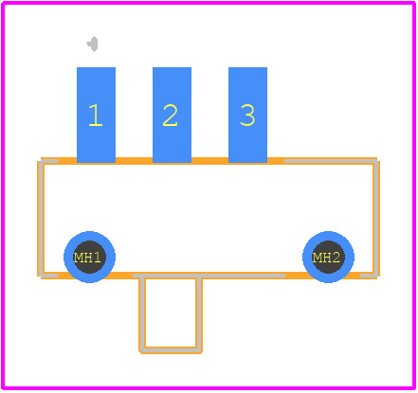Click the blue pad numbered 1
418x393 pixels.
click(x=96, y=115)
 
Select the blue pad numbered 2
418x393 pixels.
click(x=172, y=115)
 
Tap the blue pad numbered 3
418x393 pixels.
click(x=247, y=115)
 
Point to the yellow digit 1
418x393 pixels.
click(x=96, y=116)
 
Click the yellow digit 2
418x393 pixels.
click(x=170, y=116)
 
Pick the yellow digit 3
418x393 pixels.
click(x=247, y=116)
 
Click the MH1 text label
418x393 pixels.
click(x=87, y=258)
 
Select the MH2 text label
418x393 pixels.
click(x=326, y=258)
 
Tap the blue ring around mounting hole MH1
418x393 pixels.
click(x=89, y=236)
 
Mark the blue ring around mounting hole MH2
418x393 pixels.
click(x=328, y=236)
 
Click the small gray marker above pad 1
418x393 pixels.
click(x=93, y=44)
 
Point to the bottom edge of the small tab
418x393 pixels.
click(x=171, y=350)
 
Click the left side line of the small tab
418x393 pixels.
click(x=142, y=313)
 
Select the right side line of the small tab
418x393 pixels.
click(x=199, y=313)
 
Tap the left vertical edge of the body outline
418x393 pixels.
click(x=41, y=219)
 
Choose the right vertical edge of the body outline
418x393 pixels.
click(x=376, y=219)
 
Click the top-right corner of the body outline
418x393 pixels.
click(x=376, y=161)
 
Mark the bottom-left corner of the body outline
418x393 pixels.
click(x=41, y=276)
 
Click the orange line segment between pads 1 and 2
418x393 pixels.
click(x=134, y=161)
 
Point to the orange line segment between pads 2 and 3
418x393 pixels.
click(x=209, y=161)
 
